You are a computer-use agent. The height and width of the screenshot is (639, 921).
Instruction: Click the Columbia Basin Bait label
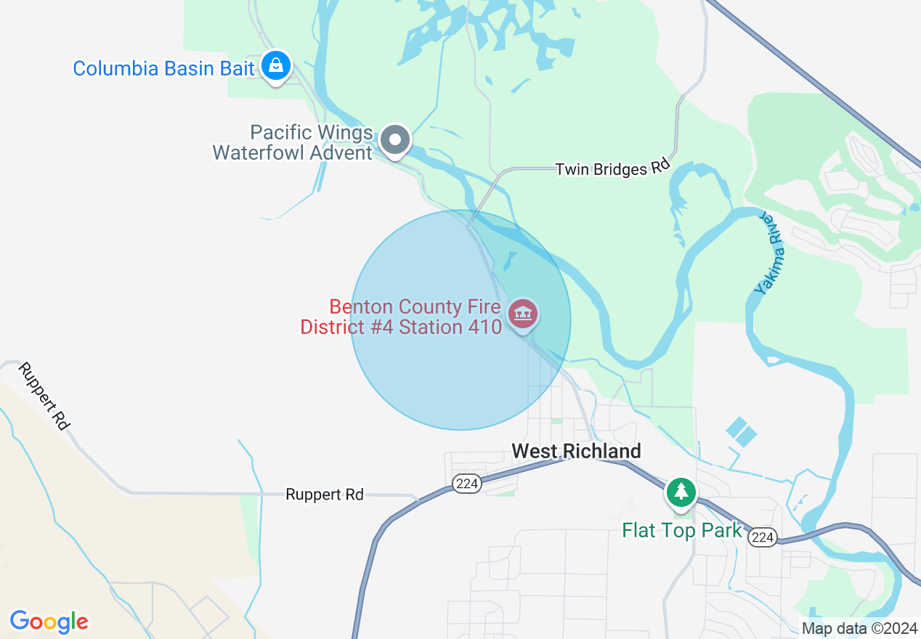[x=163, y=69]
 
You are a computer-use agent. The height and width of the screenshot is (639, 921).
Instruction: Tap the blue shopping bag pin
[x=276, y=66]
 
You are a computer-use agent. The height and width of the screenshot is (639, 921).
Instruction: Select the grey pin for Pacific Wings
[x=396, y=139]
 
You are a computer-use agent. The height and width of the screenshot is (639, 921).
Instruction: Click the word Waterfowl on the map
[x=259, y=152]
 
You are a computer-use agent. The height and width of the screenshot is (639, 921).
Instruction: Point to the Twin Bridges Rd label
[x=612, y=169]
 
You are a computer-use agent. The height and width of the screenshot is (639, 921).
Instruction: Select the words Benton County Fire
[x=415, y=307]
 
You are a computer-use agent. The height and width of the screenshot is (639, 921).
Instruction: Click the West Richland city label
[x=576, y=451]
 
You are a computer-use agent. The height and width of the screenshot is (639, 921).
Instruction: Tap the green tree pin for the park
[x=681, y=492]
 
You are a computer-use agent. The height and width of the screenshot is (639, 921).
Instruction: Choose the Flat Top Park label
[x=682, y=531]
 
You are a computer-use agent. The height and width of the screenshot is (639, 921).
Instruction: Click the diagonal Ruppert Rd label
[x=44, y=395]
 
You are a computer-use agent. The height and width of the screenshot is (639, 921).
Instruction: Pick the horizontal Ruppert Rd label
[x=324, y=494]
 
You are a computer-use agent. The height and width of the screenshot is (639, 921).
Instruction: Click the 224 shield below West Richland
[x=466, y=484]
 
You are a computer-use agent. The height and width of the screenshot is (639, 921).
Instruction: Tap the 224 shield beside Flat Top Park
[x=763, y=537]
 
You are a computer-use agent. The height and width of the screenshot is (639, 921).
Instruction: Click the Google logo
[x=49, y=622]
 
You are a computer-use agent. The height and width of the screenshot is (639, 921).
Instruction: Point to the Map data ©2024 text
[x=859, y=628]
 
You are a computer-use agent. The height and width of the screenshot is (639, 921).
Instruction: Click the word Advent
[x=341, y=152]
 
